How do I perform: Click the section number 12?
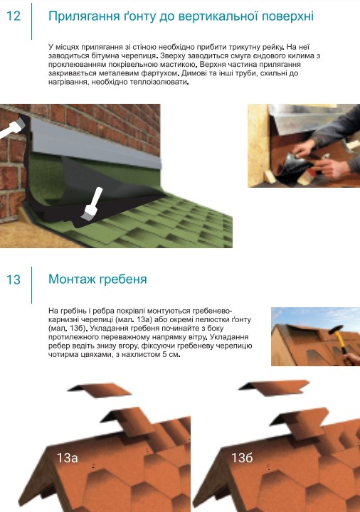14,16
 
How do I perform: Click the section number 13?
14,279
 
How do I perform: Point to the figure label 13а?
68,458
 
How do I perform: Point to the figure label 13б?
242,457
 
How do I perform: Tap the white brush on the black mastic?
92,203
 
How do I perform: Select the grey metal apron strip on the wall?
96,143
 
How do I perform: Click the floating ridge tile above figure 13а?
100,390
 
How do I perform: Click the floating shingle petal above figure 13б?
274,388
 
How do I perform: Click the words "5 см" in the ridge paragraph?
171,355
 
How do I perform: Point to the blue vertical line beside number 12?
32,21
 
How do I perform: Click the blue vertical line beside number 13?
32,285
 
